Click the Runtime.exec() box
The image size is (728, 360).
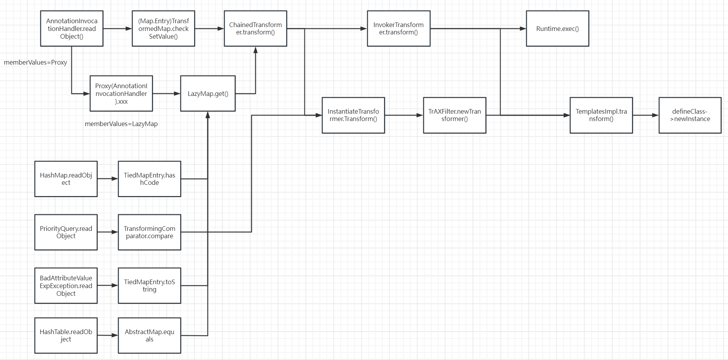pyautogui.click(x=557, y=29)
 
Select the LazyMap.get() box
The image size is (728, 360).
pyautogui.click(x=208, y=94)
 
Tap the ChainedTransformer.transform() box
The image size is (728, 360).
pyautogui.click(x=255, y=29)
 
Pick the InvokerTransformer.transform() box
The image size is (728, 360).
pyautogui.click(x=398, y=29)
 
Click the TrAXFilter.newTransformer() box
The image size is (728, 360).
pyautogui.click(x=455, y=115)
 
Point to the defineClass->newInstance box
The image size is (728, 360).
pyautogui.click(x=690, y=115)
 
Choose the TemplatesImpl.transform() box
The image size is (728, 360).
pyautogui.click(x=601, y=115)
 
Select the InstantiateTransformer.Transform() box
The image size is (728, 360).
pyautogui.click(x=353, y=115)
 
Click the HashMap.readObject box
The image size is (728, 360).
pyautogui.click(x=66, y=179)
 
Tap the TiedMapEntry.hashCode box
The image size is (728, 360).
pyautogui.click(x=149, y=179)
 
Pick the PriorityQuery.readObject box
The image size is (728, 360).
pyautogui.click(x=66, y=232)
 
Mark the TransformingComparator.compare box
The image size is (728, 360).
pyautogui.click(x=149, y=232)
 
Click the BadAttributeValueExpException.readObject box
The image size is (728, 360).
pyautogui.click(x=66, y=286)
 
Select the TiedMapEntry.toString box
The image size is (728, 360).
pyautogui.click(x=149, y=286)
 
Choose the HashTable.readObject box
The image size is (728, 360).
pyautogui.click(x=66, y=335)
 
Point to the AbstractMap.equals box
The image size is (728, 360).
pyautogui.click(x=149, y=335)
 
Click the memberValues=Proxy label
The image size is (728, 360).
pyautogui.click(x=36, y=62)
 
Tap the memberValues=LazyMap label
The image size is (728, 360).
pyautogui.click(x=121, y=124)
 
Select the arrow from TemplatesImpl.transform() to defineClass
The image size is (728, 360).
pyautogui.click(x=646, y=115)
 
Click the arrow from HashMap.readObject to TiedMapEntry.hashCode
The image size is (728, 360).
pyautogui.click(x=108, y=179)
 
